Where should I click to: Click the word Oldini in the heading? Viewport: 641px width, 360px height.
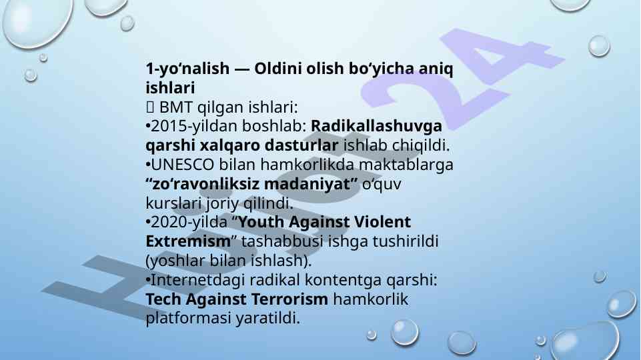278,68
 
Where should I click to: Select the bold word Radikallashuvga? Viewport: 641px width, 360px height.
376,126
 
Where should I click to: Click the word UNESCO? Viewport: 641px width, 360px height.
182,165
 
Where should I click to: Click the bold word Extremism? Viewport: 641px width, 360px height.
188,241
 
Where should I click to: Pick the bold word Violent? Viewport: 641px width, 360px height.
382,222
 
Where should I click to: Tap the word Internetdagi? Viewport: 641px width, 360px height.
198,280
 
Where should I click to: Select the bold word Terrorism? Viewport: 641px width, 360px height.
289,299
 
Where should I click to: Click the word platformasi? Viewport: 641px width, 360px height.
188,318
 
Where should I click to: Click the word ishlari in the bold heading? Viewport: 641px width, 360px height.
170,87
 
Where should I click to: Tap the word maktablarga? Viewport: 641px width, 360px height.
406,165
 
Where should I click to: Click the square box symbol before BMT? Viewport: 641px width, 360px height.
149,107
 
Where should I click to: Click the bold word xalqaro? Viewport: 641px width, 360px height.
229,145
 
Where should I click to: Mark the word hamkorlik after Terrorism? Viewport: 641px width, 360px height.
371,299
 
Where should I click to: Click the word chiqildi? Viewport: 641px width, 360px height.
421,145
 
